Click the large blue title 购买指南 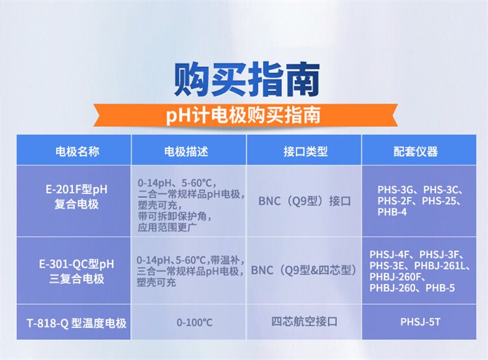(247, 79)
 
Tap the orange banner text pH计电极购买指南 (243, 115)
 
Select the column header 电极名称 (77, 152)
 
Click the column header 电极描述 (186, 152)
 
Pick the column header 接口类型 (305, 152)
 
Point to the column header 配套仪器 (416, 152)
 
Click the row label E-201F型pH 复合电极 (77, 197)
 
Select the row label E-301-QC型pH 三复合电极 (77, 271)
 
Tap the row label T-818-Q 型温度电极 (77, 323)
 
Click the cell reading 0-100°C (195, 322)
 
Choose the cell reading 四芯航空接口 (305, 322)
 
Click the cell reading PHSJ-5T (420, 322)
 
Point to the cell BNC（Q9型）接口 (305, 201)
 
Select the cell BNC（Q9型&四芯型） (304, 270)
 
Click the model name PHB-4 (392, 212)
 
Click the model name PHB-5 (440, 288)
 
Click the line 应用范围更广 (167, 227)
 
